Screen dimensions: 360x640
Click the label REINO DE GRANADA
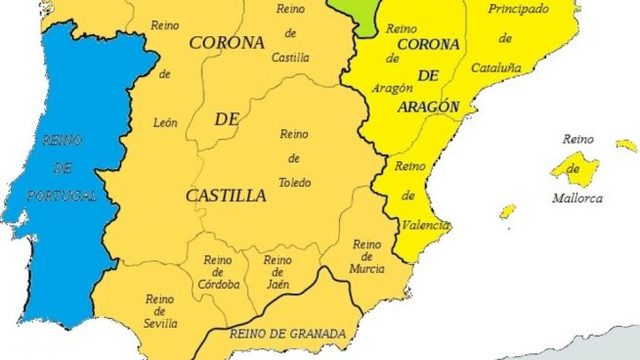point(288,334)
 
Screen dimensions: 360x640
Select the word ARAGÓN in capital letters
point(428,106)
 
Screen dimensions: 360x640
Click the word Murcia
point(367,268)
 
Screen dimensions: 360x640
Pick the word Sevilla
point(160,323)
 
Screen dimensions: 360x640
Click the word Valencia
point(419,225)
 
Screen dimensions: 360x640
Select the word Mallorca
point(578,198)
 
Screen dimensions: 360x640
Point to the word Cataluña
point(506,66)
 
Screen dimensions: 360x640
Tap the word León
point(165,123)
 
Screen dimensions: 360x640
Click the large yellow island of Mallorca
point(574,166)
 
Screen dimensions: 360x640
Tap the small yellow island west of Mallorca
point(508,211)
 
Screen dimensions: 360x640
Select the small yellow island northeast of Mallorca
point(627,145)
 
